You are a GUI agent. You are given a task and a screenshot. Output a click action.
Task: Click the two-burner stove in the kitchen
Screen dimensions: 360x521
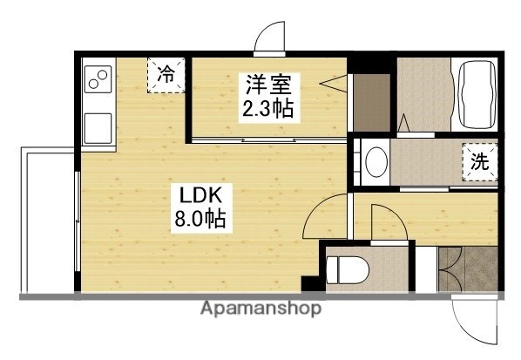pos(98,80)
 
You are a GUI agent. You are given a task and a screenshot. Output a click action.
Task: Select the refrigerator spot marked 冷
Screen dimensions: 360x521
pos(166,75)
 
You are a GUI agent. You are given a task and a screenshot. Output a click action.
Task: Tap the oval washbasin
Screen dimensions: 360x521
pos(376,162)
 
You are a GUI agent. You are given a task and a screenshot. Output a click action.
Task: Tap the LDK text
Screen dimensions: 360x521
pos(198,194)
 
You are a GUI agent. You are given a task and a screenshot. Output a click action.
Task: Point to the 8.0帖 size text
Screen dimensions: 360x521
pos(199,219)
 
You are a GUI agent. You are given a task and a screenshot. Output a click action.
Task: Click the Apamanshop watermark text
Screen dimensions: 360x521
pos(261,309)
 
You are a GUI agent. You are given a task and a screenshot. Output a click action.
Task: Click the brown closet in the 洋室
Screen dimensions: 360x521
pos(370,103)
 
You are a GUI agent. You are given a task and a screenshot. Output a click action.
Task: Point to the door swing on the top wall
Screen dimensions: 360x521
pos(270,39)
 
